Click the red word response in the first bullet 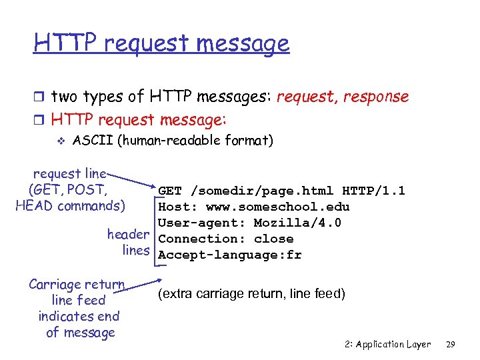(x=374, y=97)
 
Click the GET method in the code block (x=171, y=191)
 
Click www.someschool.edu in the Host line (x=287, y=207)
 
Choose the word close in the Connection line (x=274, y=239)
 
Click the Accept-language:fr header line (x=230, y=255)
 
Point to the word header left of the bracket (x=128, y=235)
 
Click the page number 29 (x=450, y=345)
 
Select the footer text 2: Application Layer (x=388, y=345)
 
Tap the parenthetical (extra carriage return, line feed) (x=251, y=294)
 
